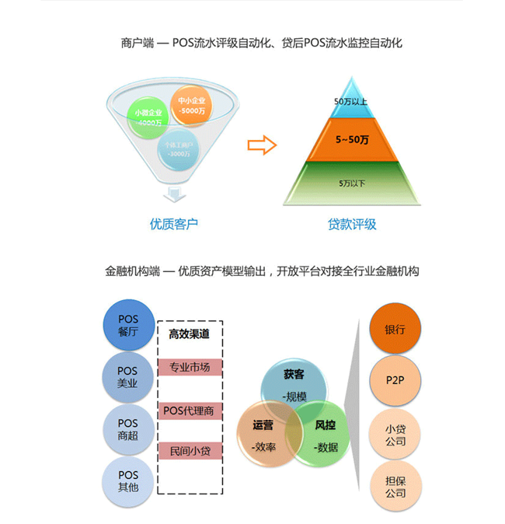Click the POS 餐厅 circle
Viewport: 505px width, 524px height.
tap(128, 326)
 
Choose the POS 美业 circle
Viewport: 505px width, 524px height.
tap(128, 377)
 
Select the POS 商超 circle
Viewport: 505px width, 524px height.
tap(128, 428)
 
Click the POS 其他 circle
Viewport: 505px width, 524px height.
tap(128, 480)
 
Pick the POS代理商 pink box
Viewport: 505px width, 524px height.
tap(190, 410)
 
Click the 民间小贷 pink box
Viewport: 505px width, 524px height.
tap(190, 451)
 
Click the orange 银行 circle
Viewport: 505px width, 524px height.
tap(395, 329)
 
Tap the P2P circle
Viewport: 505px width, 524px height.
tap(395, 380)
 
